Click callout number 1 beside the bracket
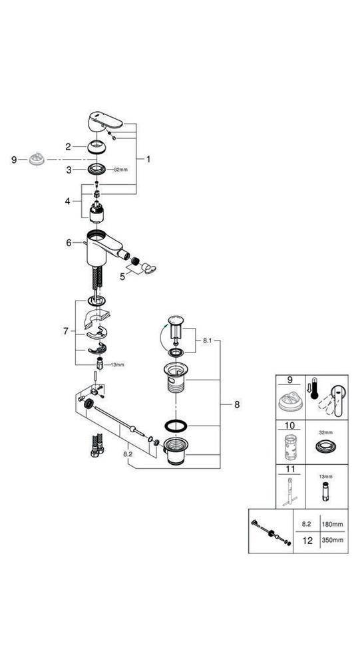pyautogui.click(x=148, y=159)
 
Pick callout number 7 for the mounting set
pyautogui.click(x=66, y=330)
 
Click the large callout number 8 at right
pyautogui.click(x=237, y=403)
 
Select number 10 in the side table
pyautogui.click(x=290, y=427)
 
